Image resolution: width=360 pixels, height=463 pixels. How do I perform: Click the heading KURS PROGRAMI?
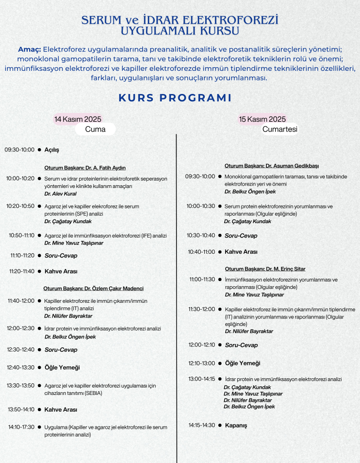click(175, 98)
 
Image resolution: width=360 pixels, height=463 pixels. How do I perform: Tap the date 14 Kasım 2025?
click(78, 119)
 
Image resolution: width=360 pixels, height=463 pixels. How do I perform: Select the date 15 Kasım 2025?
click(262, 119)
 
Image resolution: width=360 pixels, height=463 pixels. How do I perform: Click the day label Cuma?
click(95, 129)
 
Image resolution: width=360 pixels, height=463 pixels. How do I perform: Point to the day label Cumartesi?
click(280, 129)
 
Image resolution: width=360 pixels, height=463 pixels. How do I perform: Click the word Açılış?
click(52, 150)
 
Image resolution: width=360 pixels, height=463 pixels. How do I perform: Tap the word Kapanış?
click(236, 425)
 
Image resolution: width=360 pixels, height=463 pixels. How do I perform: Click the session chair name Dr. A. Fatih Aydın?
click(101, 168)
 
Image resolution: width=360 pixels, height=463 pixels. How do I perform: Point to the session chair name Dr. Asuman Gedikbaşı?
click(292, 166)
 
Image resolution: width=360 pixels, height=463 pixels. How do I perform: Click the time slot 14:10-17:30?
click(21, 427)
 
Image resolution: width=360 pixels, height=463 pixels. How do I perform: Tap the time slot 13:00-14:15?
click(202, 379)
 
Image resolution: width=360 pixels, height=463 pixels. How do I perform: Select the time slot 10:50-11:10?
click(22, 235)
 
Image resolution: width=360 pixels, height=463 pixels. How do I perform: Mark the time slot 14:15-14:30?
click(202, 425)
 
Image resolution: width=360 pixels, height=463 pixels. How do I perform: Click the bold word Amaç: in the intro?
click(30, 49)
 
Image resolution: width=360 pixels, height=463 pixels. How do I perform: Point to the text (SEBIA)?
click(92, 393)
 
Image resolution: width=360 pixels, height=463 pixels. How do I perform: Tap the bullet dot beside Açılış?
click(40, 150)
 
